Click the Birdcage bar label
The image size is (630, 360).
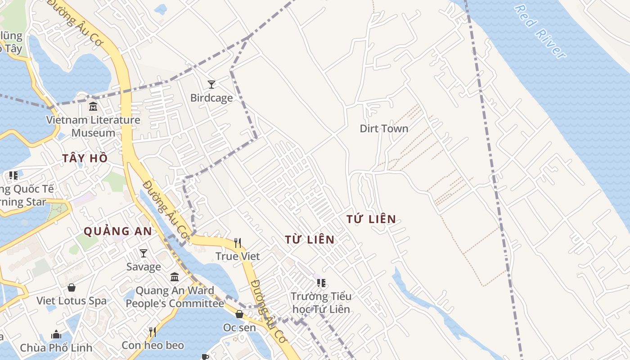tap(211, 98)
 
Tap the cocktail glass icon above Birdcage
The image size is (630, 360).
tap(211, 84)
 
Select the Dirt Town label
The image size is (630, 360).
tap(384, 129)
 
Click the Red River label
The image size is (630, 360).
tap(540, 31)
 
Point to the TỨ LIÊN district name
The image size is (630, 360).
tap(371, 220)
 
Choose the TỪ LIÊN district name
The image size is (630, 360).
tap(310, 240)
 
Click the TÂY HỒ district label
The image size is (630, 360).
tap(85, 158)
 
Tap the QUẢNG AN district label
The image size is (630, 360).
tap(118, 231)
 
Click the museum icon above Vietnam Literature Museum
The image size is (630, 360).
tap(93, 107)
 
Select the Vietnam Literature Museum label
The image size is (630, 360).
tap(93, 126)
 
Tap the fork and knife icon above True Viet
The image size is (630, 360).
tap(238, 243)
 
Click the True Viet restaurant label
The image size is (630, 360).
tap(238, 256)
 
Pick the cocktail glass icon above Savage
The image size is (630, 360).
tap(144, 253)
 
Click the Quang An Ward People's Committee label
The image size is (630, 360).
tap(175, 297)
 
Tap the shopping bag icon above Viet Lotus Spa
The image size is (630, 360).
tap(72, 287)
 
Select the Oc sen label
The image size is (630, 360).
tap(239, 328)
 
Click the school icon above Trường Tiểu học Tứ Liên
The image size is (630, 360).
tap(321, 283)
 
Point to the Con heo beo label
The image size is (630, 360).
tap(153, 345)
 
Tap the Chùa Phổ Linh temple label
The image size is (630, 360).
tap(56, 347)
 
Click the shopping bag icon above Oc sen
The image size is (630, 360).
tap(239, 314)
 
